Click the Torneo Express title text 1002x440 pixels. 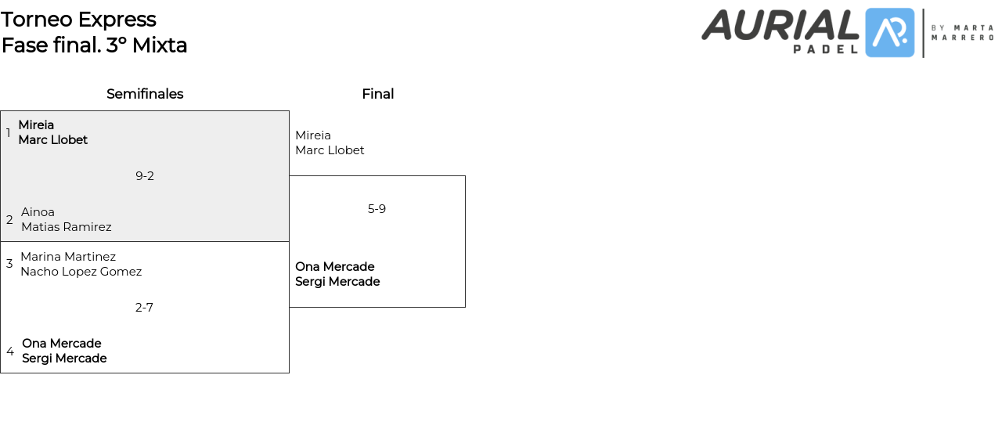tap(78, 20)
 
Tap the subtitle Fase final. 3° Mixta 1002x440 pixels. tap(94, 45)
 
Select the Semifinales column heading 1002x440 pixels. tap(145, 94)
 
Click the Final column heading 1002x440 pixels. tap(377, 94)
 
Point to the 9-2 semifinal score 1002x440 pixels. tap(145, 176)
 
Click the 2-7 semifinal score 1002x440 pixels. tap(144, 308)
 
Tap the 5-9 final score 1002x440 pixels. tap(377, 209)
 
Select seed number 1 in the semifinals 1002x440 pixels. tap(9, 132)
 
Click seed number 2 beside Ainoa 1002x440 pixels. tap(9, 220)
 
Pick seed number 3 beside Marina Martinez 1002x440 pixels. tap(9, 264)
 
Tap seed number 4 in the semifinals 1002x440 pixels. tap(10, 352)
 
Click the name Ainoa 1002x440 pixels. tap(38, 212)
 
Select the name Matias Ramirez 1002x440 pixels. tap(67, 227)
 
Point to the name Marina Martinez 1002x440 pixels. tap(68, 257)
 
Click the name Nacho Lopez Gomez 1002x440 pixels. tap(81, 272)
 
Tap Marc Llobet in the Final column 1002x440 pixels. tap(330, 150)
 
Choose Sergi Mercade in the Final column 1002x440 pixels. tap(337, 282)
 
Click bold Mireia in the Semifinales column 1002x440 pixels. tap(36, 125)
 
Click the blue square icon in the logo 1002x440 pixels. tap(889, 33)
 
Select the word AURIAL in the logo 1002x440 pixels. tap(780, 25)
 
